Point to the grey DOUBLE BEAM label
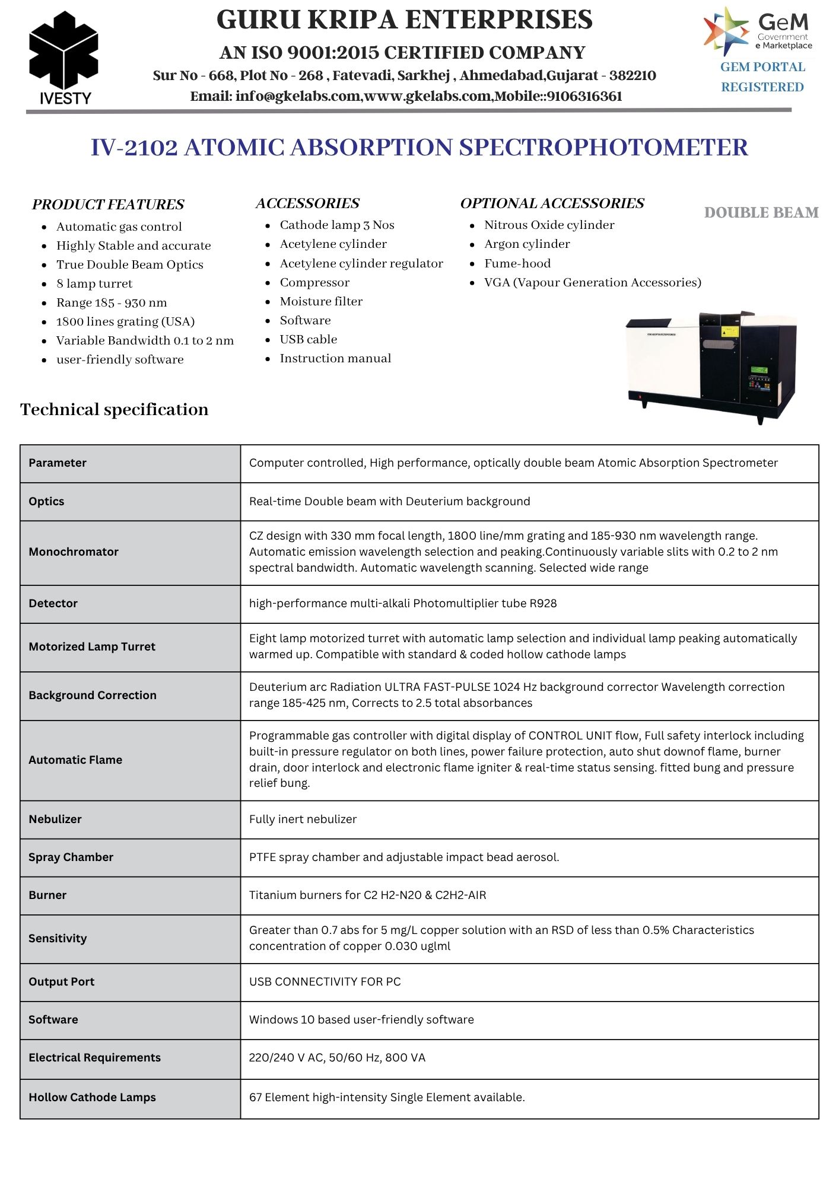pyautogui.click(x=761, y=212)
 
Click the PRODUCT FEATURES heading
pyautogui.click(x=108, y=205)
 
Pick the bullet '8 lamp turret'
pyautogui.click(x=94, y=283)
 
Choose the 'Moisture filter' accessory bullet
pyautogui.click(x=321, y=301)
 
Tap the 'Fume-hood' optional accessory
pyautogui.click(x=517, y=263)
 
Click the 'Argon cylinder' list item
pyautogui.click(x=527, y=244)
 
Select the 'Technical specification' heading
pyautogui.click(x=115, y=409)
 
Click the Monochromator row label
pyautogui.click(x=74, y=551)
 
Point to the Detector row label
pyautogui.click(x=53, y=603)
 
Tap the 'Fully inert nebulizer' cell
pyautogui.click(x=303, y=819)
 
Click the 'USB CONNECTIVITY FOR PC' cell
pyautogui.click(x=325, y=981)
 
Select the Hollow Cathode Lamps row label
pyautogui.click(x=92, y=1097)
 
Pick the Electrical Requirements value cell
pyautogui.click(x=337, y=1057)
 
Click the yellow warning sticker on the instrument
pyautogui.click(x=727, y=331)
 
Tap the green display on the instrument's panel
pyautogui.click(x=759, y=370)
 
